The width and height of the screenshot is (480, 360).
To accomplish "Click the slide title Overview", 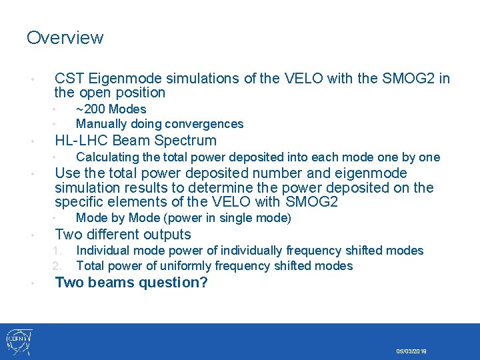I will coord(65,37).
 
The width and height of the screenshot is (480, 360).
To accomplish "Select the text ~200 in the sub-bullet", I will coord(90,109).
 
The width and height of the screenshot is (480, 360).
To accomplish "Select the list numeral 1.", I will coord(58,251).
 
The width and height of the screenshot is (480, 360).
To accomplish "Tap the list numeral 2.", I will coord(58,266).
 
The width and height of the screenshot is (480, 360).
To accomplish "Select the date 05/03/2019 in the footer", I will coord(411,351).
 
